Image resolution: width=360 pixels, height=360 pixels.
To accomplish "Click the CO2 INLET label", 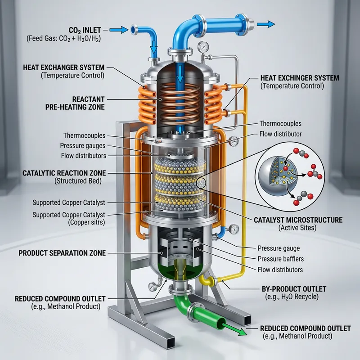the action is pos(85,30).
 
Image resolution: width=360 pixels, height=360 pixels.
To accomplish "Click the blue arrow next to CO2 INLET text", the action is pos(119,30).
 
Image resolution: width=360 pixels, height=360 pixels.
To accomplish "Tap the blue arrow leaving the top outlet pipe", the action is pos(265,24).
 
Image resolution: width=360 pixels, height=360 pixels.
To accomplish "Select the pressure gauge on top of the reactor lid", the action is pos(203,47).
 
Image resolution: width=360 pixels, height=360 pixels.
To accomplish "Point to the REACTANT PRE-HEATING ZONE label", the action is pos(75,103).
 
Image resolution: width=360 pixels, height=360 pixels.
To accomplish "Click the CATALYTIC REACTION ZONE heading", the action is pos(64,173).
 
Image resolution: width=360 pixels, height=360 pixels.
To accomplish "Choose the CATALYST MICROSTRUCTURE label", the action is pos(298,220).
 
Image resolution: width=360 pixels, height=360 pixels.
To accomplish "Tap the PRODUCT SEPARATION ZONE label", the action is pos(62,253).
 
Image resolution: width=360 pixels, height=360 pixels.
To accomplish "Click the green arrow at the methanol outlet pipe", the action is pos(234,329).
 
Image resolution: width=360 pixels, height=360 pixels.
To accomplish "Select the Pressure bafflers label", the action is pos(280,259).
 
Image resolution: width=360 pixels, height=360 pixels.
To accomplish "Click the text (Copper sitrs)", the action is pos(86,222).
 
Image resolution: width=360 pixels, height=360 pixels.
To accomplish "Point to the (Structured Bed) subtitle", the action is pos(78,181).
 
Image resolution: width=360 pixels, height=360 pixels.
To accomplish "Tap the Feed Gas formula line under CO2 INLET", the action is pos(63,38).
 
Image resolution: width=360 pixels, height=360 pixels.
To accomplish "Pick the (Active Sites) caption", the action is pos(297,228).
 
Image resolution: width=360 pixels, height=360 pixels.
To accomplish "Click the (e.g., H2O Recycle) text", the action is pos(292,297).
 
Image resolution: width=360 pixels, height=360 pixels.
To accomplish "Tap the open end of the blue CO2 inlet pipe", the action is pos(133,30).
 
